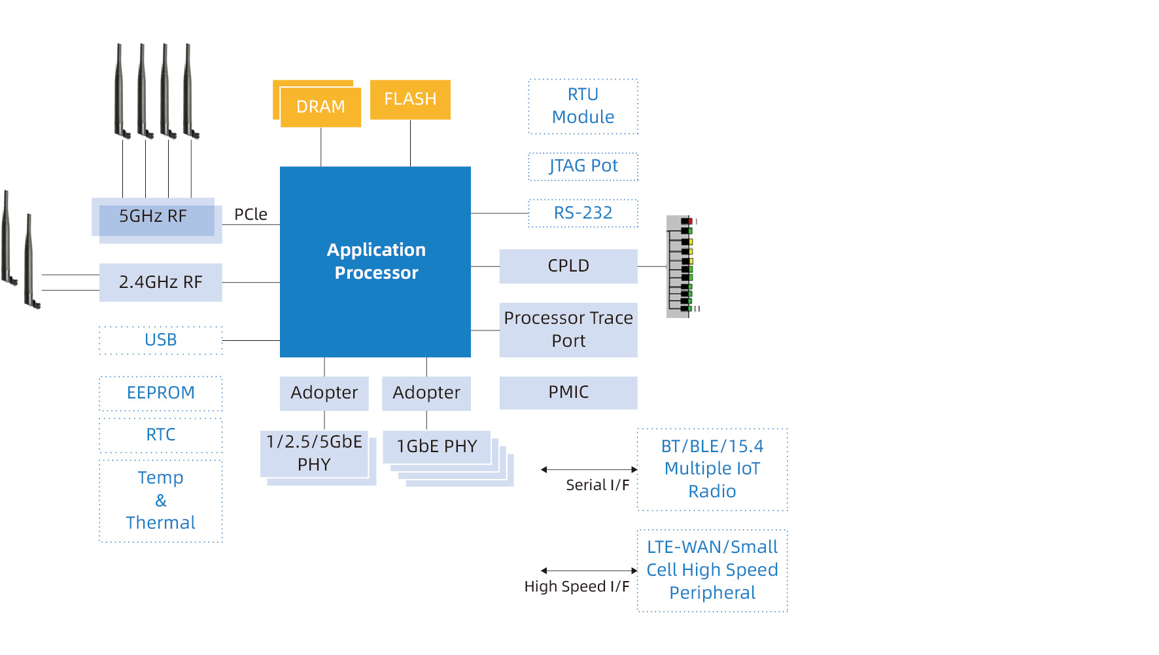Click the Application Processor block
coord(375,262)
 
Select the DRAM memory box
coord(320,107)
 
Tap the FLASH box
coord(410,99)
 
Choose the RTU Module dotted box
coord(583,107)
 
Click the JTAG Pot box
coord(583,166)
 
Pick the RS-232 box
coord(583,213)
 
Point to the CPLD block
coord(568,266)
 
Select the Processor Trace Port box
coord(568,330)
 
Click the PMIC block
coord(568,393)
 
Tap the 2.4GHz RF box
coord(161,283)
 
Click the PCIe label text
coord(251,215)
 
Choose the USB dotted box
coord(161,340)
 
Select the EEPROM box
coord(161,393)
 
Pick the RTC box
coord(161,435)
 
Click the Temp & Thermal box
coord(161,501)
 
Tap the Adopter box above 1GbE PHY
coord(426,393)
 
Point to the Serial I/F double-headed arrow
coord(589,469)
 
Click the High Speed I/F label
coord(576,587)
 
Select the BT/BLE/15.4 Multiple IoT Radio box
coord(712,469)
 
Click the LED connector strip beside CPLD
coord(680,266)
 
